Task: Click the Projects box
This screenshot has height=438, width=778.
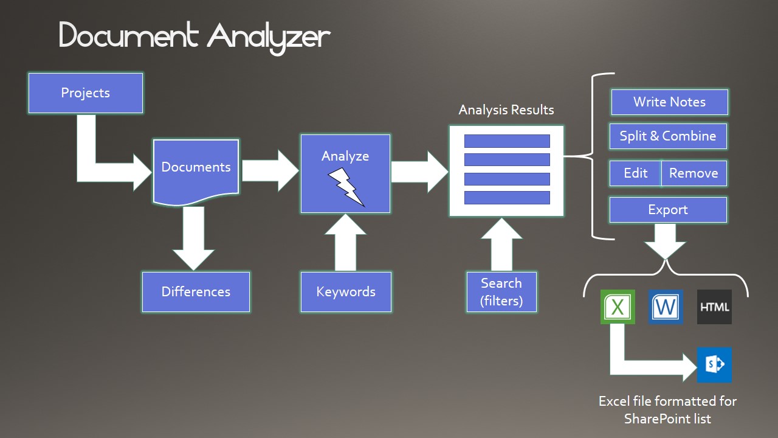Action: pos(86,93)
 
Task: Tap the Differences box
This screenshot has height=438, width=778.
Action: pos(196,292)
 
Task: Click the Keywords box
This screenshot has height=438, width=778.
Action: pos(346,292)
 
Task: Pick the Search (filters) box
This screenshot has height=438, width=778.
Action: pos(501,292)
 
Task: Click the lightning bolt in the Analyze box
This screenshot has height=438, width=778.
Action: pos(346,187)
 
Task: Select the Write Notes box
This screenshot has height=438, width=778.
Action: pos(669,102)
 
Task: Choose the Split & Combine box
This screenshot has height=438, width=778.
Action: pos(668,136)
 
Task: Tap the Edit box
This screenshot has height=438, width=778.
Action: pos(635,173)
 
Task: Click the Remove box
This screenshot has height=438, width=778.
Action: pos(694,173)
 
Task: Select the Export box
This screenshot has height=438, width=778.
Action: pos(668,210)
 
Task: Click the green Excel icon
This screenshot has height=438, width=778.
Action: pos(618,307)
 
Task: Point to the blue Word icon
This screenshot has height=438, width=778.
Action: pos(666,307)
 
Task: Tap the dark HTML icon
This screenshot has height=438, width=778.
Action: pos(714,307)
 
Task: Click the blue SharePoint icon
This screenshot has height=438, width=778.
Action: pos(714,365)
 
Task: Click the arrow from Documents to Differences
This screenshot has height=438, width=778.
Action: pos(193,238)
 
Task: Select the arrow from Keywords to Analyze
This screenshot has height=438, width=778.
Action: pos(345,243)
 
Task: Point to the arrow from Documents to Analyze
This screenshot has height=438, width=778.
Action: pos(270,171)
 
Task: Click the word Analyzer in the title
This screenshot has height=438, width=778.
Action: pos(269,37)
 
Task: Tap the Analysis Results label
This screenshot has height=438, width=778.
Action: pos(506,110)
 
